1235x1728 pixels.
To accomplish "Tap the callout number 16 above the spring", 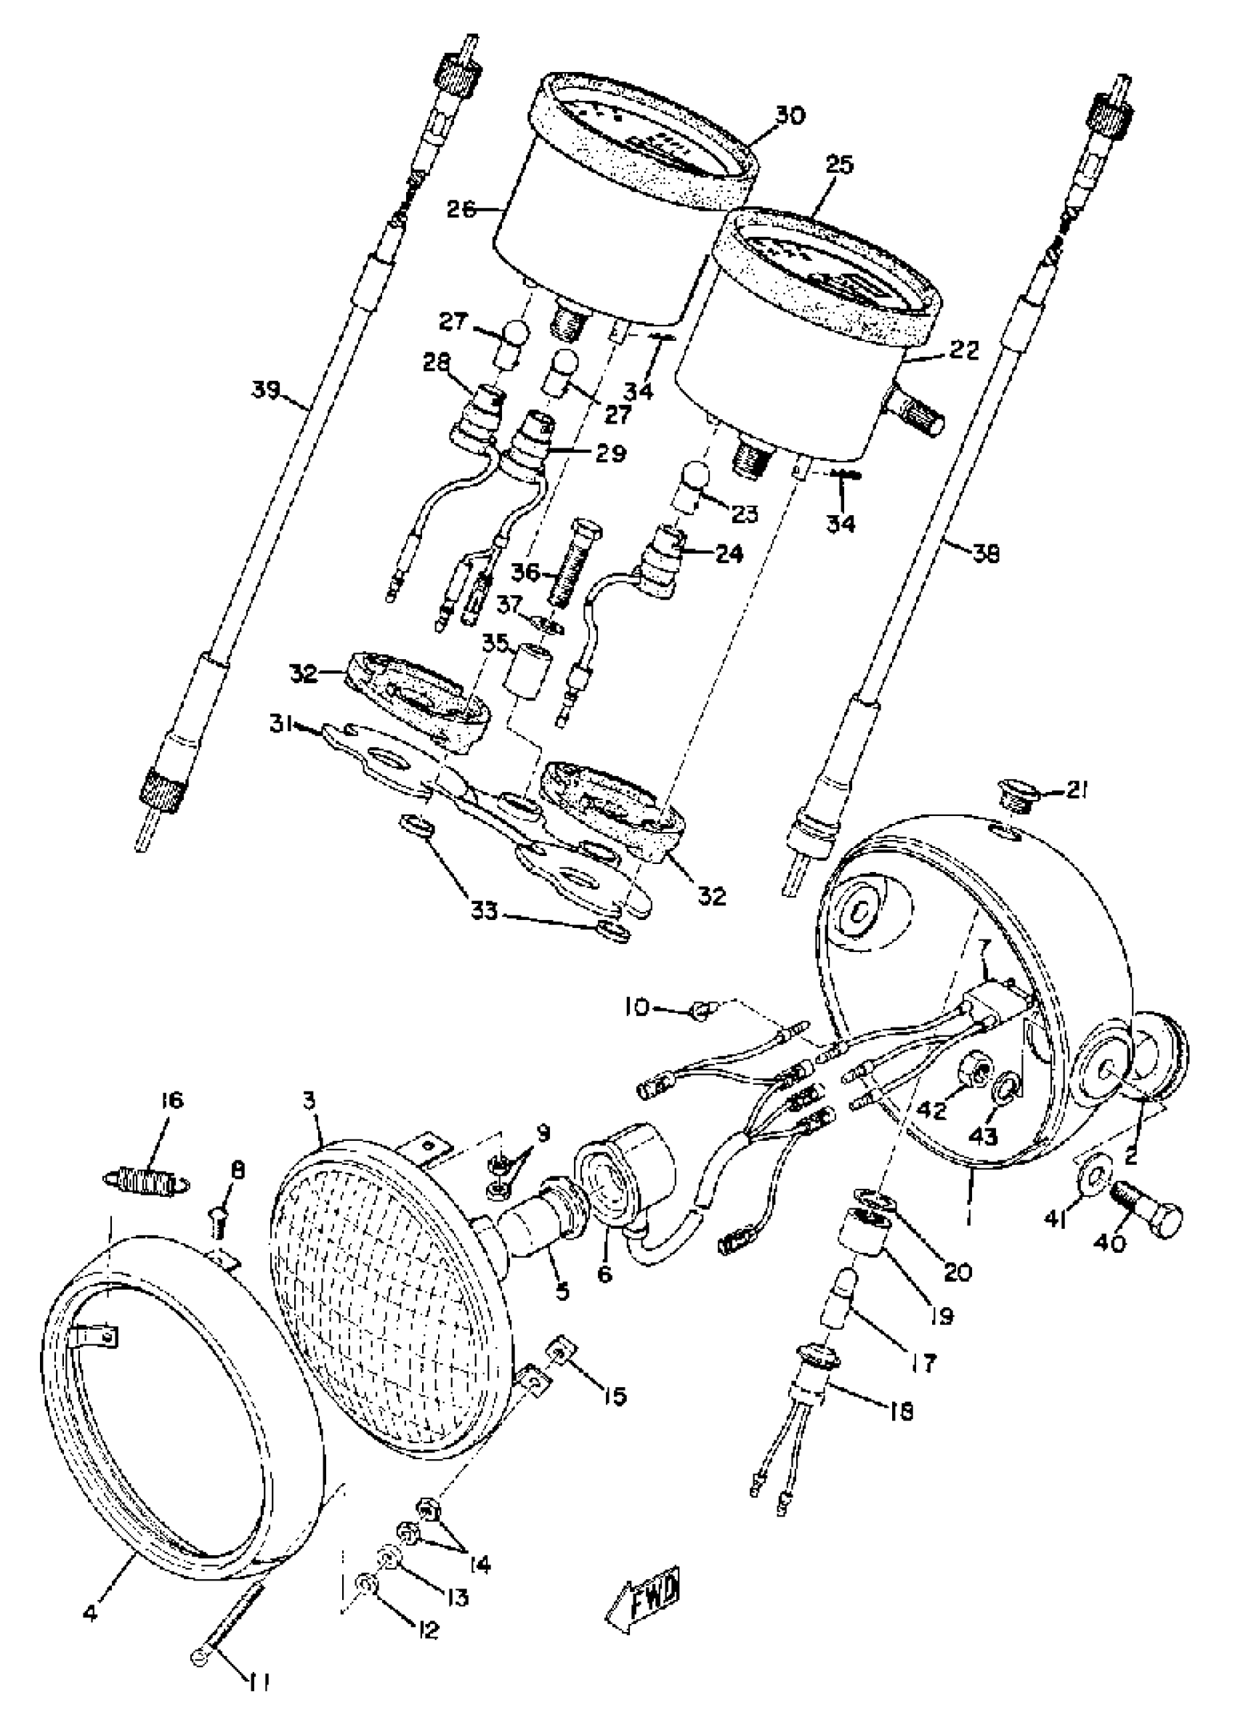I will (x=172, y=1101).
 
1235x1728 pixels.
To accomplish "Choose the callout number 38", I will (x=987, y=553).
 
